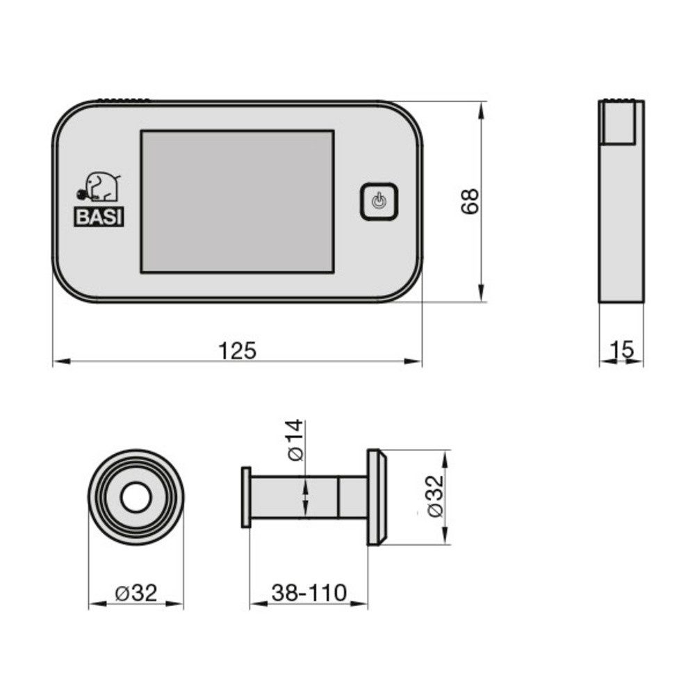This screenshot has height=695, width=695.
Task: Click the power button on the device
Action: [378, 202]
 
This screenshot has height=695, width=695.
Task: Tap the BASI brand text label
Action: [99, 216]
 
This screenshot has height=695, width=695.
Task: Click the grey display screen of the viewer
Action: [237, 201]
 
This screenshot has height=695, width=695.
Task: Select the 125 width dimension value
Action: [238, 351]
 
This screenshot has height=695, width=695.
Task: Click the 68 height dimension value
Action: [471, 201]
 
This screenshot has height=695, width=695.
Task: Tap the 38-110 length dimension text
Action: [309, 593]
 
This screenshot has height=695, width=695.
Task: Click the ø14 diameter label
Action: [295, 441]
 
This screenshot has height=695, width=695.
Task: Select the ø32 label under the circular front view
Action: [136, 593]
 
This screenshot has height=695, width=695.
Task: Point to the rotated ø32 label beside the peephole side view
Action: [435, 498]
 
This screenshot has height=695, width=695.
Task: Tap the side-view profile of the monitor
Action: [621, 222]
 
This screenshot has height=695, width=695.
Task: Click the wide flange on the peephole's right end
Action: [377, 497]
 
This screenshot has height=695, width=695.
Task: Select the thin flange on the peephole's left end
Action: [245, 497]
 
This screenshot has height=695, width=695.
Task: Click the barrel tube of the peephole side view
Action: [306, 497]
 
